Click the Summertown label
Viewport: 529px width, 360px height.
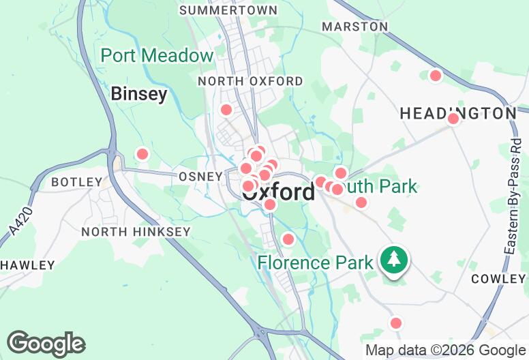228,10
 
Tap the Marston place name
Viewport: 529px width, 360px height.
354,26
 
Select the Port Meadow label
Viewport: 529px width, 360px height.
157,56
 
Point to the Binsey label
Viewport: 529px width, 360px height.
139,93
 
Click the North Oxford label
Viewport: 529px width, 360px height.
250,81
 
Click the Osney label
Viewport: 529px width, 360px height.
200,177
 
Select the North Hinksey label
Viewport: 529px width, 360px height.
136,232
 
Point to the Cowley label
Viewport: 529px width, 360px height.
498,279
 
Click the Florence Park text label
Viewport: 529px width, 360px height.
315,262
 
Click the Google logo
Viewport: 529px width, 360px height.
46,344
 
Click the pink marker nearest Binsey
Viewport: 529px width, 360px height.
142,154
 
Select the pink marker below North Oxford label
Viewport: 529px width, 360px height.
226,110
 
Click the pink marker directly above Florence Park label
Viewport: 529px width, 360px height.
288,239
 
